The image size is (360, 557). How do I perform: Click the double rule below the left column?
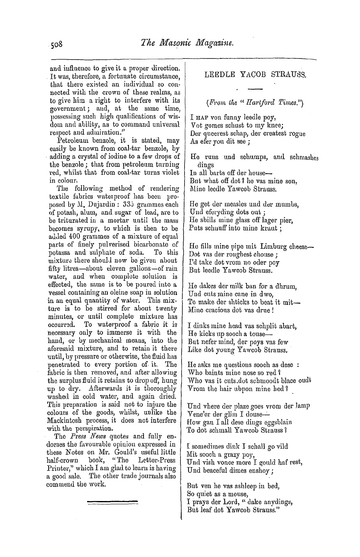113,503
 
